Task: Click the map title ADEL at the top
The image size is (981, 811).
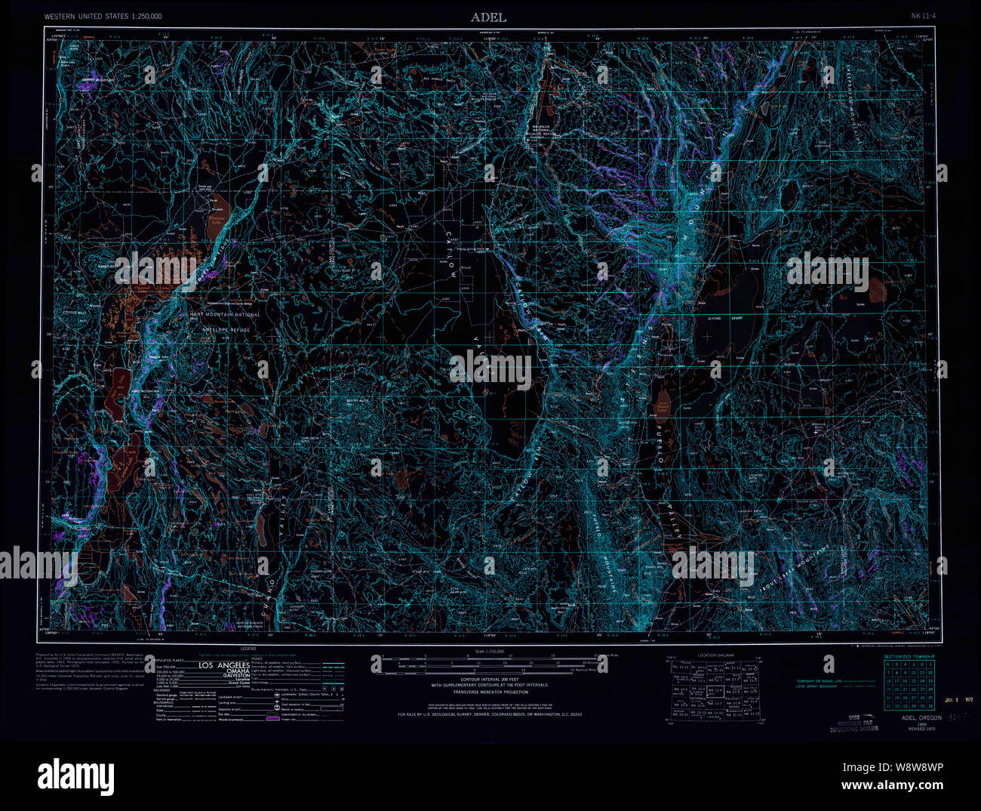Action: [488, 17]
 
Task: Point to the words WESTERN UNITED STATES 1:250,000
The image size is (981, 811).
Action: [103, 16]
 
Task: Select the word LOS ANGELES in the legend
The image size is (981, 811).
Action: [223, 665]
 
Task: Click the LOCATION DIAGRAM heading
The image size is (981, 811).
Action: [716, 655]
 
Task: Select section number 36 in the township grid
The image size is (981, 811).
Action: [930, 706]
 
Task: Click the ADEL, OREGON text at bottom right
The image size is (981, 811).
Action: [916, 718]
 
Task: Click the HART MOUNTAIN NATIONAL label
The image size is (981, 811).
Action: [224, 314]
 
